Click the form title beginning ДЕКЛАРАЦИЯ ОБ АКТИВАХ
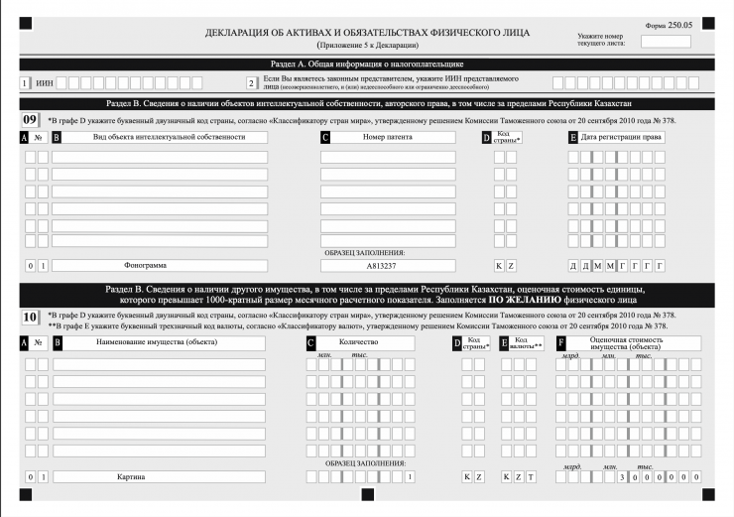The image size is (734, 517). click(x=367, y=33)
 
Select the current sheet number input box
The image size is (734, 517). click(x=666, y=42)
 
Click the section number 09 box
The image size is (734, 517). click(x=31, y=120)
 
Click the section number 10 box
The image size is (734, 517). click(x=31, y=319)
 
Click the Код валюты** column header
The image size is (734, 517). click(x=527, y=343)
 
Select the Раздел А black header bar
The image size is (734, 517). click(x=367, y=65)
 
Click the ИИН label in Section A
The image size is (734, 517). click(x=45, y=83)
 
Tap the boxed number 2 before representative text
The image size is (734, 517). click(x=252, y=83)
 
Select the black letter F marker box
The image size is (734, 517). click(x=561, y=343)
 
